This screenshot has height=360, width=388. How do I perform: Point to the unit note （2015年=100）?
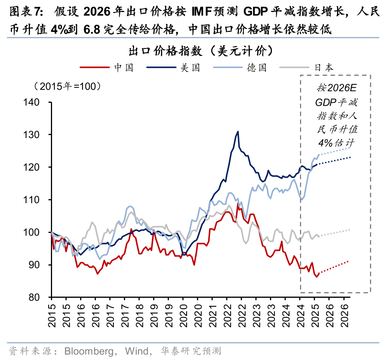coord(68,86)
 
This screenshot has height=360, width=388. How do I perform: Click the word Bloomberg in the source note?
coord(89,351)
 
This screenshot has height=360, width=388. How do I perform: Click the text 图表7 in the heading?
coord(24,12)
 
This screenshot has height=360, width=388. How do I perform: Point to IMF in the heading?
coord(202,12)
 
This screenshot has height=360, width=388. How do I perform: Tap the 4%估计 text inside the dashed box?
coord(336,143)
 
